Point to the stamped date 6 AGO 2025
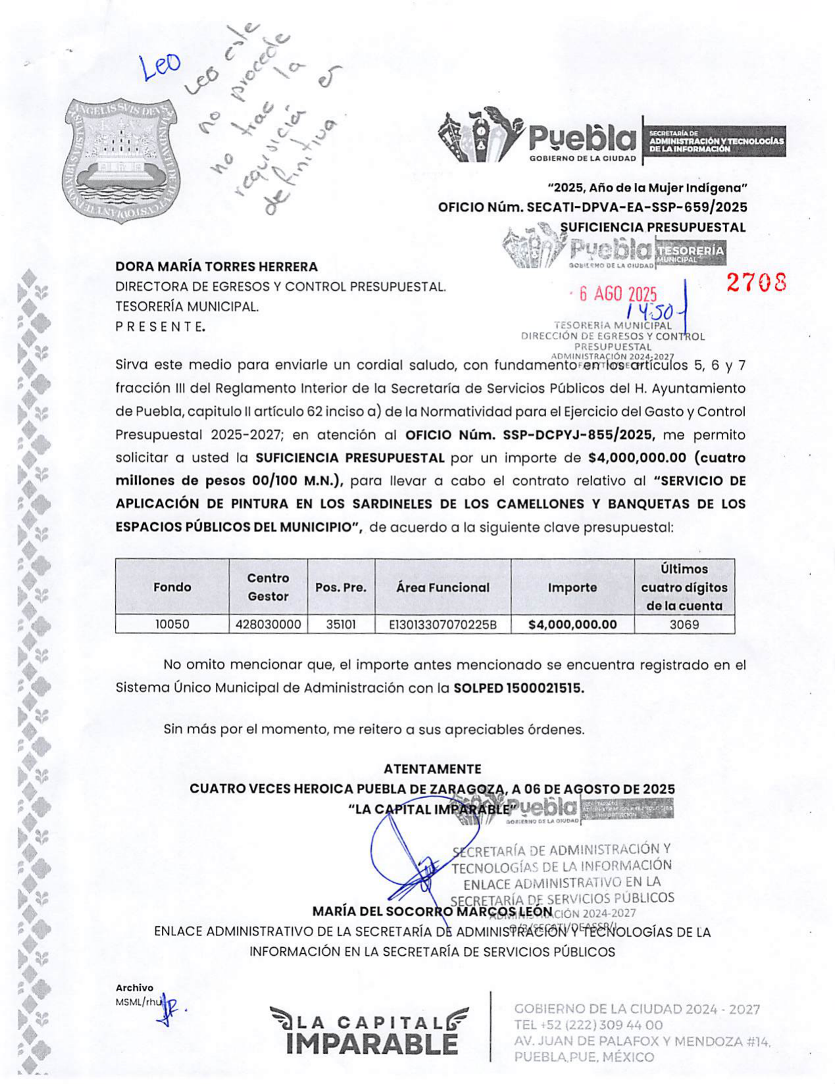click(x=617, y=294)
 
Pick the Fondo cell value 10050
click(x=172, y=624)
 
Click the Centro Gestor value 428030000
click(x=268, y=624)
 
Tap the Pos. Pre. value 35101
click(x=341, y=624)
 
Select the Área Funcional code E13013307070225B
click(x=443, y=624)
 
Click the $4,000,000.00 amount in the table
click(x=572, y=624)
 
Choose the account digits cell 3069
click(x=684, y=624)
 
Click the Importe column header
click(x=572, y=587)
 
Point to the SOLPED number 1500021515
click(x=545, y=688)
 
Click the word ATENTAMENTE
click(x=432, y=768)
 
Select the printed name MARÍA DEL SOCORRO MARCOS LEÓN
click(x=432, y=912)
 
